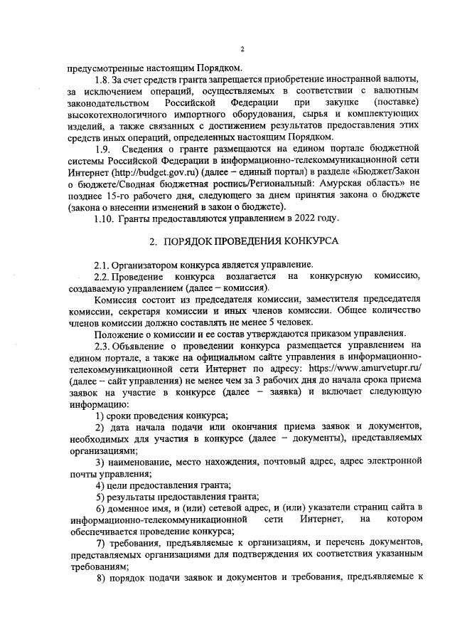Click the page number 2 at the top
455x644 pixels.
point(242,48)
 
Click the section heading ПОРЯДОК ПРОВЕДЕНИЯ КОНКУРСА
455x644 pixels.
point(252,241)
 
